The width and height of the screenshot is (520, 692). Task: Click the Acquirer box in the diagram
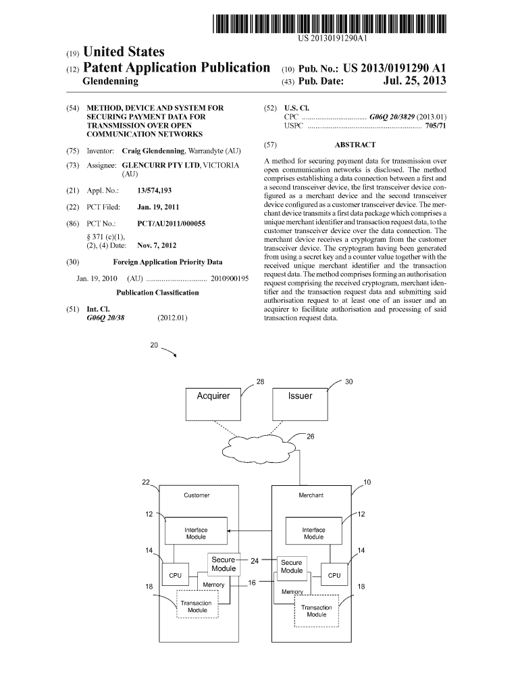pyautogui.click(x=213, y=404)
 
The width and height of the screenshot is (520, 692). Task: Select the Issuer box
pyautogui.click(x=300, y=404)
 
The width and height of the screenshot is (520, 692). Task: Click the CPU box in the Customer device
pyautogui.click(x=176, y=575)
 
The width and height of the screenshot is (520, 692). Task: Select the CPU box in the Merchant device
pyautogui.click(x=334, y=575)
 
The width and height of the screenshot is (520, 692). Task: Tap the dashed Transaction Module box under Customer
pyautogui.click(x=197, y=606)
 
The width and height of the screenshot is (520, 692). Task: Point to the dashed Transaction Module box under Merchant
pyautogui.click(x=316, y=612)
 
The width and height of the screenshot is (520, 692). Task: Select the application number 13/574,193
pyautogui.click(x=154, y=191)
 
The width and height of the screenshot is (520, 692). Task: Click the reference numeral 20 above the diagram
pyautogui.click(x=154, y=346)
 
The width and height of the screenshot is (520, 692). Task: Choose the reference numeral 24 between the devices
pyautogui.click(x=255, y=560)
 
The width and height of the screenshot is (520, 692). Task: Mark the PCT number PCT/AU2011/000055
pyautogui.click(x=171, y=223)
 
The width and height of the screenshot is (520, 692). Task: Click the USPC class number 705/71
pyautogui.click(x=436, y=126)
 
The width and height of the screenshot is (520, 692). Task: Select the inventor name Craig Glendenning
pyautogui.click(x=153, y=150)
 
